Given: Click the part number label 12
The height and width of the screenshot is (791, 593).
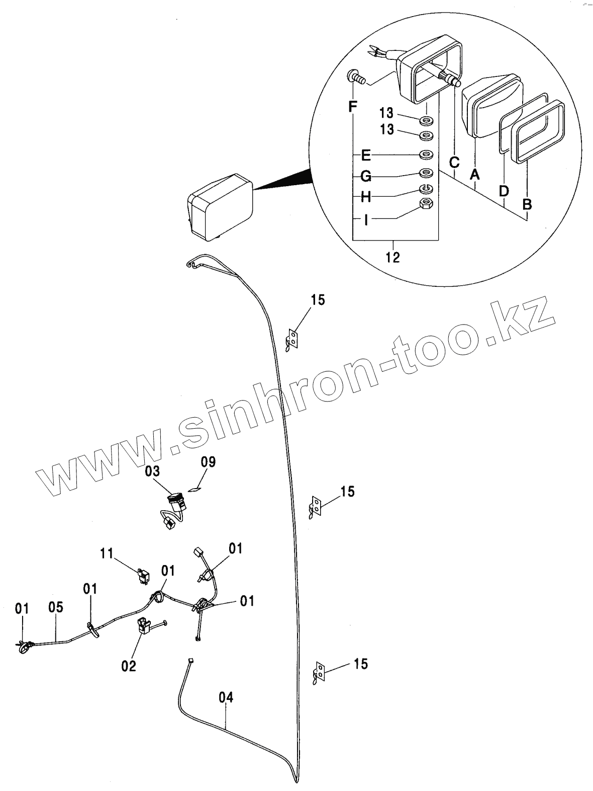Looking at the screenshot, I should point(392,257).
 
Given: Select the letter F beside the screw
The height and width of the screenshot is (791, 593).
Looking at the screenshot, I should point(353,107).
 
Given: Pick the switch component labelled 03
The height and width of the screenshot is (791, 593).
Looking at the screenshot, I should point(175,501).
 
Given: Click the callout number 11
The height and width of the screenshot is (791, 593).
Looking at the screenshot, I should point(107,553).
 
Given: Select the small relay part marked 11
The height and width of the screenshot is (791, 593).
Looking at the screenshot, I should point(144,574).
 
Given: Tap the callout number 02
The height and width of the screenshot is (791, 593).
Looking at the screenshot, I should point(129,666).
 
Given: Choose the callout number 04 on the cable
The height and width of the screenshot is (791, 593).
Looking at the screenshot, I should point(226,697).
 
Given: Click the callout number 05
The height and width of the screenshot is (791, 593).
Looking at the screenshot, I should point(56,607).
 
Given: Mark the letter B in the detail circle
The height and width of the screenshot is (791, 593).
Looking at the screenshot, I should point(527,205).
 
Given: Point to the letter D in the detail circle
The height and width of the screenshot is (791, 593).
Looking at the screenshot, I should point(504,191).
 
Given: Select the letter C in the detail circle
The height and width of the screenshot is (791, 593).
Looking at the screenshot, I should point(454,163).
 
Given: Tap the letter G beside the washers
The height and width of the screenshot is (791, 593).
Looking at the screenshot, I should point(366,176).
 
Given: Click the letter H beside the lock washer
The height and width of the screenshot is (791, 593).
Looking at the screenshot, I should point(366,197).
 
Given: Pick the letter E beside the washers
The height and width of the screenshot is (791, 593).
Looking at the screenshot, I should point(366,155).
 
